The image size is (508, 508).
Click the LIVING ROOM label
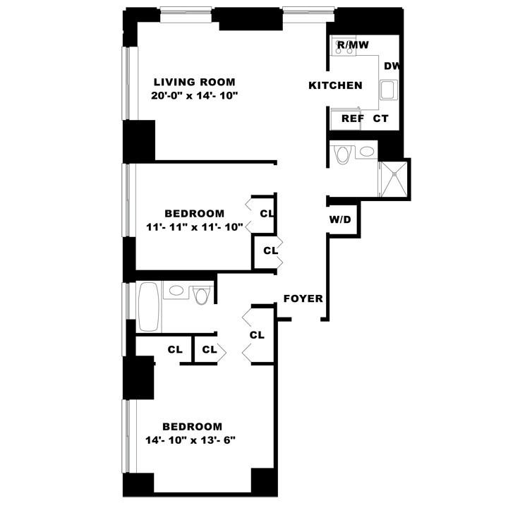click(x=195, y=82)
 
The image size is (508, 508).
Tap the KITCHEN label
click(x=336, y=85)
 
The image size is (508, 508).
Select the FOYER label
click(x=303, y=298)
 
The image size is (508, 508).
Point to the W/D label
click(x=339, y=219)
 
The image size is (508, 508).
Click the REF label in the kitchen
click(x=353, y=119)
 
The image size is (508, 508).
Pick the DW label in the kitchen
click(x=392, y=66)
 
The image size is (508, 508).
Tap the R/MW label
click(x=353, y=45)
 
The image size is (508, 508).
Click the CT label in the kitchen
click(x=381, y=119)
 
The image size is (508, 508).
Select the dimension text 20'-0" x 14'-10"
click(x=194, y=96)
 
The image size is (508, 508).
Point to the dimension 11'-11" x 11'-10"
click(x=195, y=227)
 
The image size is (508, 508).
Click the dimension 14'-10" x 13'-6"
click(x=192, y=440)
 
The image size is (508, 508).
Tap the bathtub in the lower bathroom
click(x=148, y=306)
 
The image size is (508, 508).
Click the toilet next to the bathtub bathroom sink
click(x=202, y=294)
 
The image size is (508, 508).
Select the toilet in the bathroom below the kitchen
click(x=343, y=154)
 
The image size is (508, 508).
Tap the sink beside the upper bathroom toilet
click(x=366, y=151)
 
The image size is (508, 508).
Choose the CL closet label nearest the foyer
click(x=257, y=334)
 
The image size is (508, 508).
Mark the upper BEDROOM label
click(x=195, y=214)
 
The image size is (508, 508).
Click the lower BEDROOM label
click(x=192, y=427)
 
